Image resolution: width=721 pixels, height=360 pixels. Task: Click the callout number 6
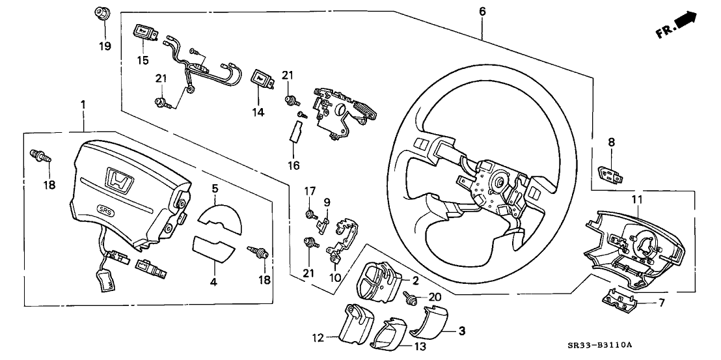(x=482, y=12)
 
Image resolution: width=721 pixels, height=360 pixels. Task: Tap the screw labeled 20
(x=411, y=300)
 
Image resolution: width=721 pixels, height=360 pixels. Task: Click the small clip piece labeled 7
(x=618, y=299)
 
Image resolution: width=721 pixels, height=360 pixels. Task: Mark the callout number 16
(x=293, y=165)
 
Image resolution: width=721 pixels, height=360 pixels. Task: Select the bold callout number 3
(x=462, y=331)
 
